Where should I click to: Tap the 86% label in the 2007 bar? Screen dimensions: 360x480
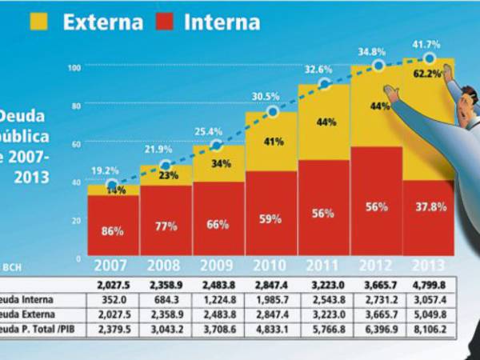tap(113, 231)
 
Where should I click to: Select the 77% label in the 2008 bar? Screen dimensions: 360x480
tap(166, 226)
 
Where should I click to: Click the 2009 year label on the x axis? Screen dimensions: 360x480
tap(218, 266)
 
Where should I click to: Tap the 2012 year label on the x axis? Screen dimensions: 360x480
tap(376, 266)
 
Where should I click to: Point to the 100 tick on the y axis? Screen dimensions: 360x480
tap(74, 67)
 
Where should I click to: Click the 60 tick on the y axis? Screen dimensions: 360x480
tap(74, 144)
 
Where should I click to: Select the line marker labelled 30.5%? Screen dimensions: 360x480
tap(272, 112)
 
